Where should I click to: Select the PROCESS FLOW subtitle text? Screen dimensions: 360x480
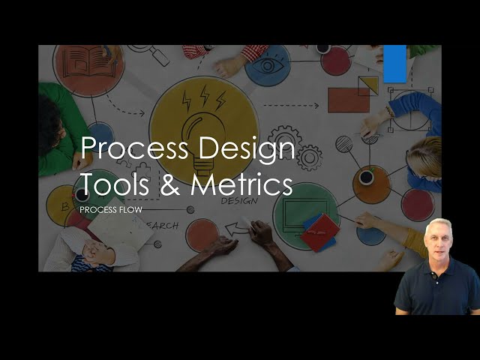[110, 210]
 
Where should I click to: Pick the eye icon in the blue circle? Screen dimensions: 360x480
[266, 65]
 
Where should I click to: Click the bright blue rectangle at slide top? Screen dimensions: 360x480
[394, 63]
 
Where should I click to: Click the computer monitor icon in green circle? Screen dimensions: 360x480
[299, 202]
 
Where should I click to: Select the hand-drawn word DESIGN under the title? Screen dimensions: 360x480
[239, 201]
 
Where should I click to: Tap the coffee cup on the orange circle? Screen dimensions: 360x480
[366, 178]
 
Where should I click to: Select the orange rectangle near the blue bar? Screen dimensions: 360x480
[348, 99]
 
